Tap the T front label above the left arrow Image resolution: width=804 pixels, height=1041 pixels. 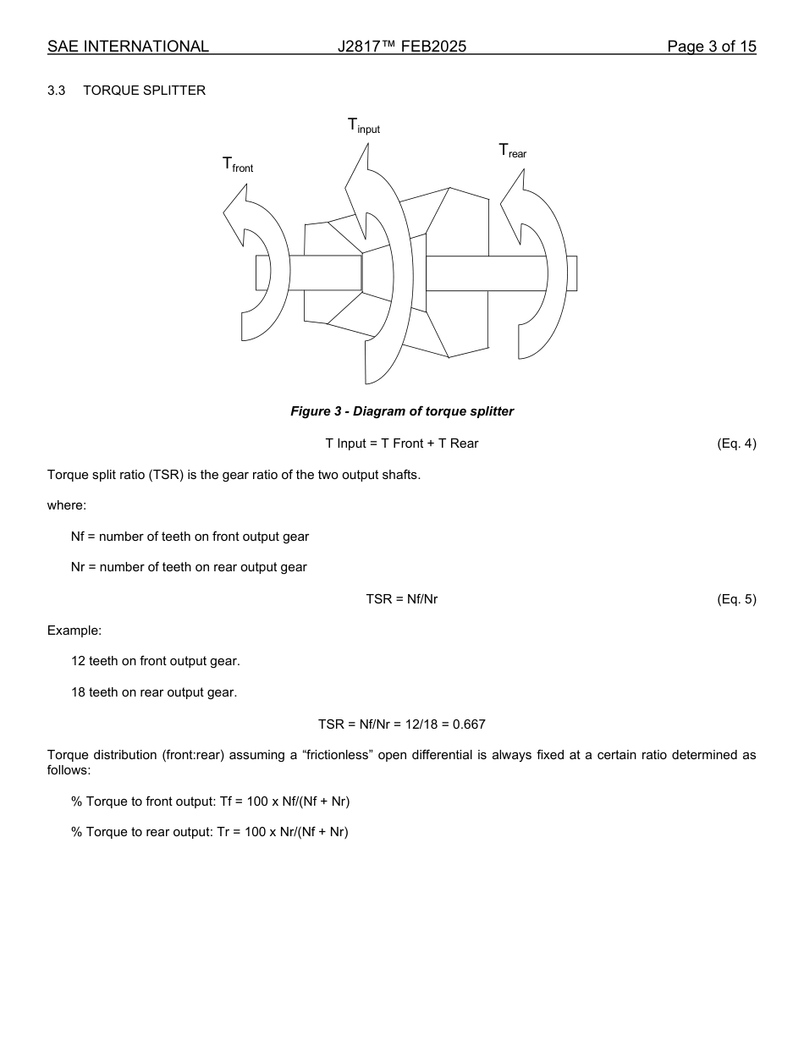237,164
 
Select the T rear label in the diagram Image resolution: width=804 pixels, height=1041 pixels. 512,151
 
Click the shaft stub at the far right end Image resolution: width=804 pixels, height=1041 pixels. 572,273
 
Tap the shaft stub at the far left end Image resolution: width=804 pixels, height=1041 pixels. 262,273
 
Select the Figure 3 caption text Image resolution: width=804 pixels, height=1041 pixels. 402,411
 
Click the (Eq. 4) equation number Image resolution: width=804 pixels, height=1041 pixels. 735,443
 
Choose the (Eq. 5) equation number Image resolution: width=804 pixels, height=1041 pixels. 735,599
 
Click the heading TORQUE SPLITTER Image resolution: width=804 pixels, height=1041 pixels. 144,91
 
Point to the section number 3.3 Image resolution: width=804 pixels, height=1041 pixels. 57,91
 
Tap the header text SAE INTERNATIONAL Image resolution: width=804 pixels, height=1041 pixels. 128,47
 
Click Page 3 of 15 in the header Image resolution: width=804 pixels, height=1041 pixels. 711,47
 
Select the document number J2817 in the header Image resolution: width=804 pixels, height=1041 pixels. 364,47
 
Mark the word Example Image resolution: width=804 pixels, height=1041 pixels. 74,631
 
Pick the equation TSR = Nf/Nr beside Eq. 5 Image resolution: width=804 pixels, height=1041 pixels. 401,599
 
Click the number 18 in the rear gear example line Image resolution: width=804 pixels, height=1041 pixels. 78,693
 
